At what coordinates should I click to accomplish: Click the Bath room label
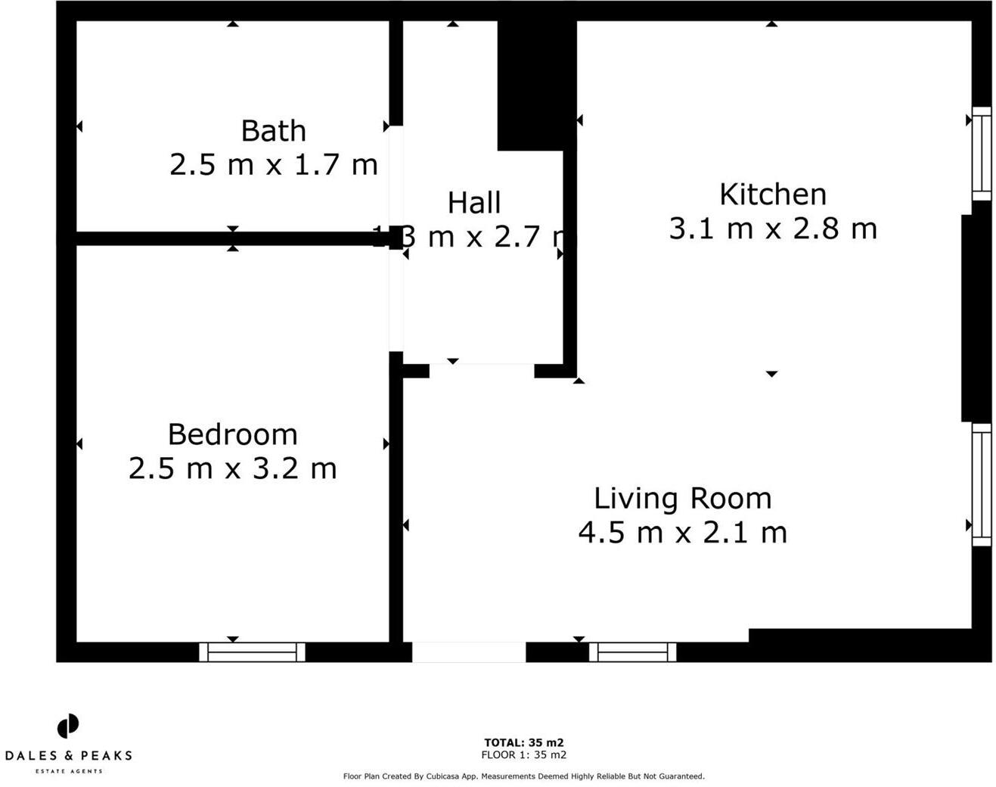pos(273,131)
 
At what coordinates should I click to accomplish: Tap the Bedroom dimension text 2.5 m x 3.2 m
pos(232,468)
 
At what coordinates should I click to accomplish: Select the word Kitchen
pos(772,195)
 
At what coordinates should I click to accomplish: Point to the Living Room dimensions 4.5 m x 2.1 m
pos(682,533)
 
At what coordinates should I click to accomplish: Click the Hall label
pos(474,204)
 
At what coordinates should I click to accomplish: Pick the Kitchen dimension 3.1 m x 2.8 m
pos(772,229)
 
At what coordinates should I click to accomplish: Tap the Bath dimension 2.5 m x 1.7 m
pos(273,164)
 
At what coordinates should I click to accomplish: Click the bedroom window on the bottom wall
pos(252,652)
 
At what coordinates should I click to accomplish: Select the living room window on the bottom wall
pos(633,652)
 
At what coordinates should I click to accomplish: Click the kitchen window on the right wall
pos(981,154)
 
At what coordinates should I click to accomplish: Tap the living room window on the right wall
pos(981,484)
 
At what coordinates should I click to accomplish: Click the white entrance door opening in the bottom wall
pos(468,652)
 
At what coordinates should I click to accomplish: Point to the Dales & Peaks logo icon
pos(68,726)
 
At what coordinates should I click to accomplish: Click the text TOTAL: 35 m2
pos(523,742)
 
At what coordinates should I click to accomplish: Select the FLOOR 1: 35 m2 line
pos(523,754)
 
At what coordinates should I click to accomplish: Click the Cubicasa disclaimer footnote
pos(523,776)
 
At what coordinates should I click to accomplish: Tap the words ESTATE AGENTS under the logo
pos(68,771)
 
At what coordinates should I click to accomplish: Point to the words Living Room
pos(682,499)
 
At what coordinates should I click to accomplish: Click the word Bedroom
pos(232,434)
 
